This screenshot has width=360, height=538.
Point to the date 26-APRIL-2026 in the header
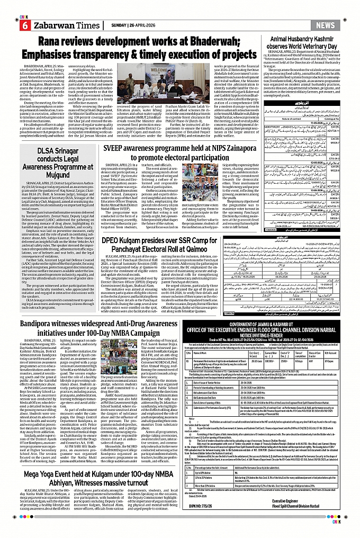point(132,25)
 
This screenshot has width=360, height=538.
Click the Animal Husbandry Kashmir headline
point(308,42)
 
